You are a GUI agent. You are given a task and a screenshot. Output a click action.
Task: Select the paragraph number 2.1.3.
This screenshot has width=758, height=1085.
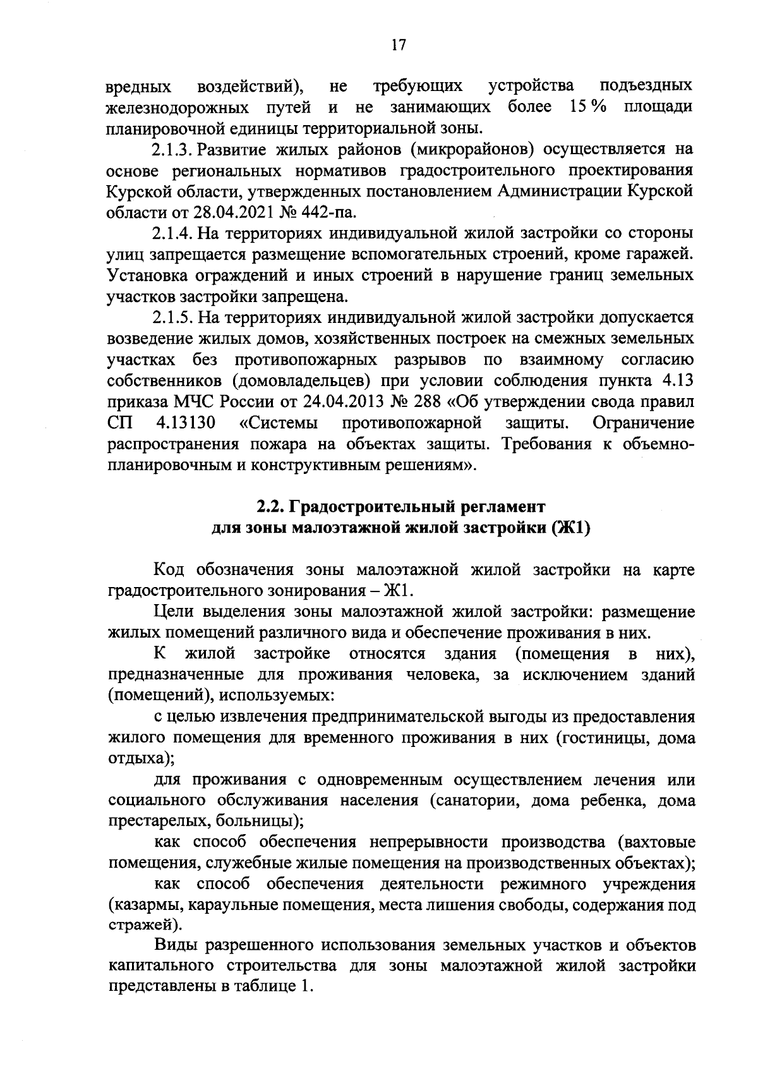click(174, 149)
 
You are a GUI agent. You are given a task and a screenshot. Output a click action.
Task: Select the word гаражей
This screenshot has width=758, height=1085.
click(661, 254)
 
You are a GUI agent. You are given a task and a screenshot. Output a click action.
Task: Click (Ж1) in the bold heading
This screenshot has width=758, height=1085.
click(571, 528)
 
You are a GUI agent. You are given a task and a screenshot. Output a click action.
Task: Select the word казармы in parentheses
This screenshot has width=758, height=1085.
click(143, 905)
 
